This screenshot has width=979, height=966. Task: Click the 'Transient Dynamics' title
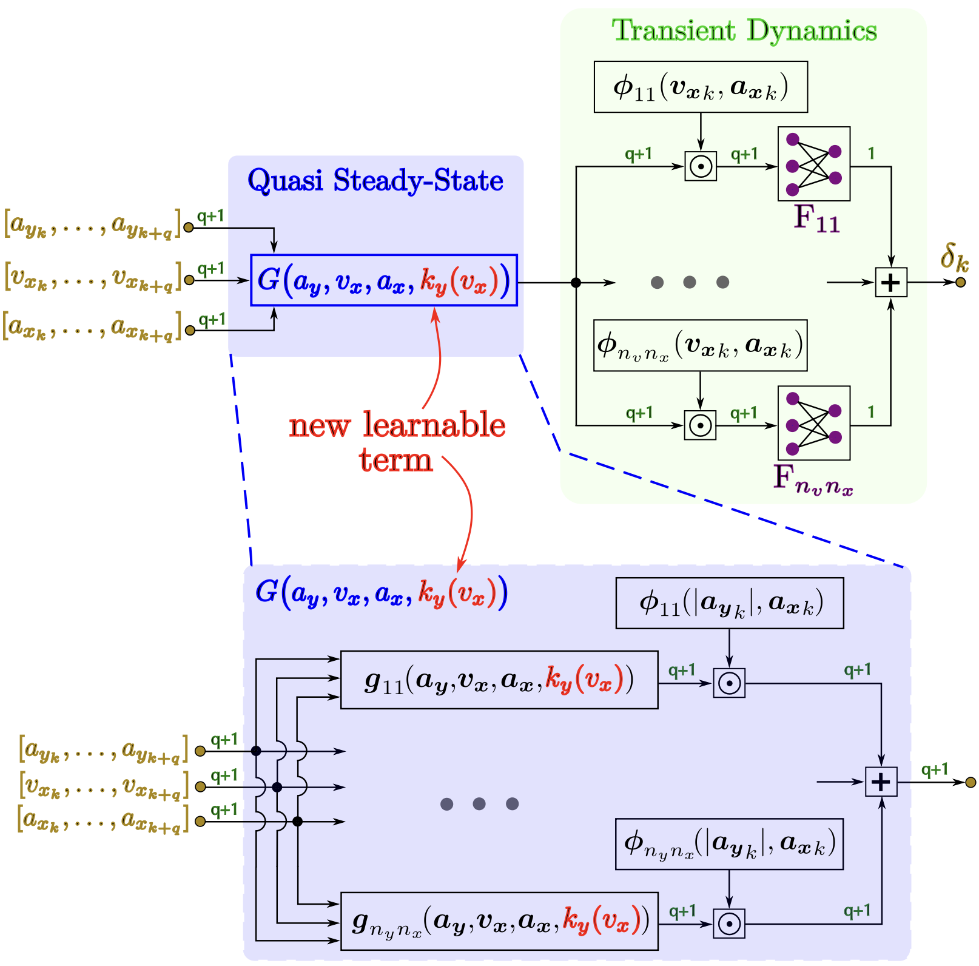click(744, 30)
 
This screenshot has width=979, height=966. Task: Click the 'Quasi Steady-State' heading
click(375, 180)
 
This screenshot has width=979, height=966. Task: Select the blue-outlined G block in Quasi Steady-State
click(383, 280)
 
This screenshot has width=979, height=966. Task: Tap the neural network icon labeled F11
click(813, 164)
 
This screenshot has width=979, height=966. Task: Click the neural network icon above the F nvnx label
click(813, 423)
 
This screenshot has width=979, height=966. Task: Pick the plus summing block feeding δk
click(890, 282)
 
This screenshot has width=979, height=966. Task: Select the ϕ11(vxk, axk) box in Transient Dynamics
click(701, 87)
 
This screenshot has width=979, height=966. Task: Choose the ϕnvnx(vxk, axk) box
click(700, 345)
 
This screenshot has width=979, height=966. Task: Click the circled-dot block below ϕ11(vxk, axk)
click(701, 166)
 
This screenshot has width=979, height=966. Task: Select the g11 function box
click(499, 680)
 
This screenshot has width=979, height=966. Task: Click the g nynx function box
click(499, 920)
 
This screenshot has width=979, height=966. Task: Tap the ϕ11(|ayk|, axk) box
click(729, 603)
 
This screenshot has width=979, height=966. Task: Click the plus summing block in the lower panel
click(881, 782)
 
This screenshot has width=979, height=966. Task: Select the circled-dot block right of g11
click(729, 683)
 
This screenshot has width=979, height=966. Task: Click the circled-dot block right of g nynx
click(729, 924)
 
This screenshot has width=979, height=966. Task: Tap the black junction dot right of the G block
click(576, 282)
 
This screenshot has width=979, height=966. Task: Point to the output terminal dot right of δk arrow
click(960, 282)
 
